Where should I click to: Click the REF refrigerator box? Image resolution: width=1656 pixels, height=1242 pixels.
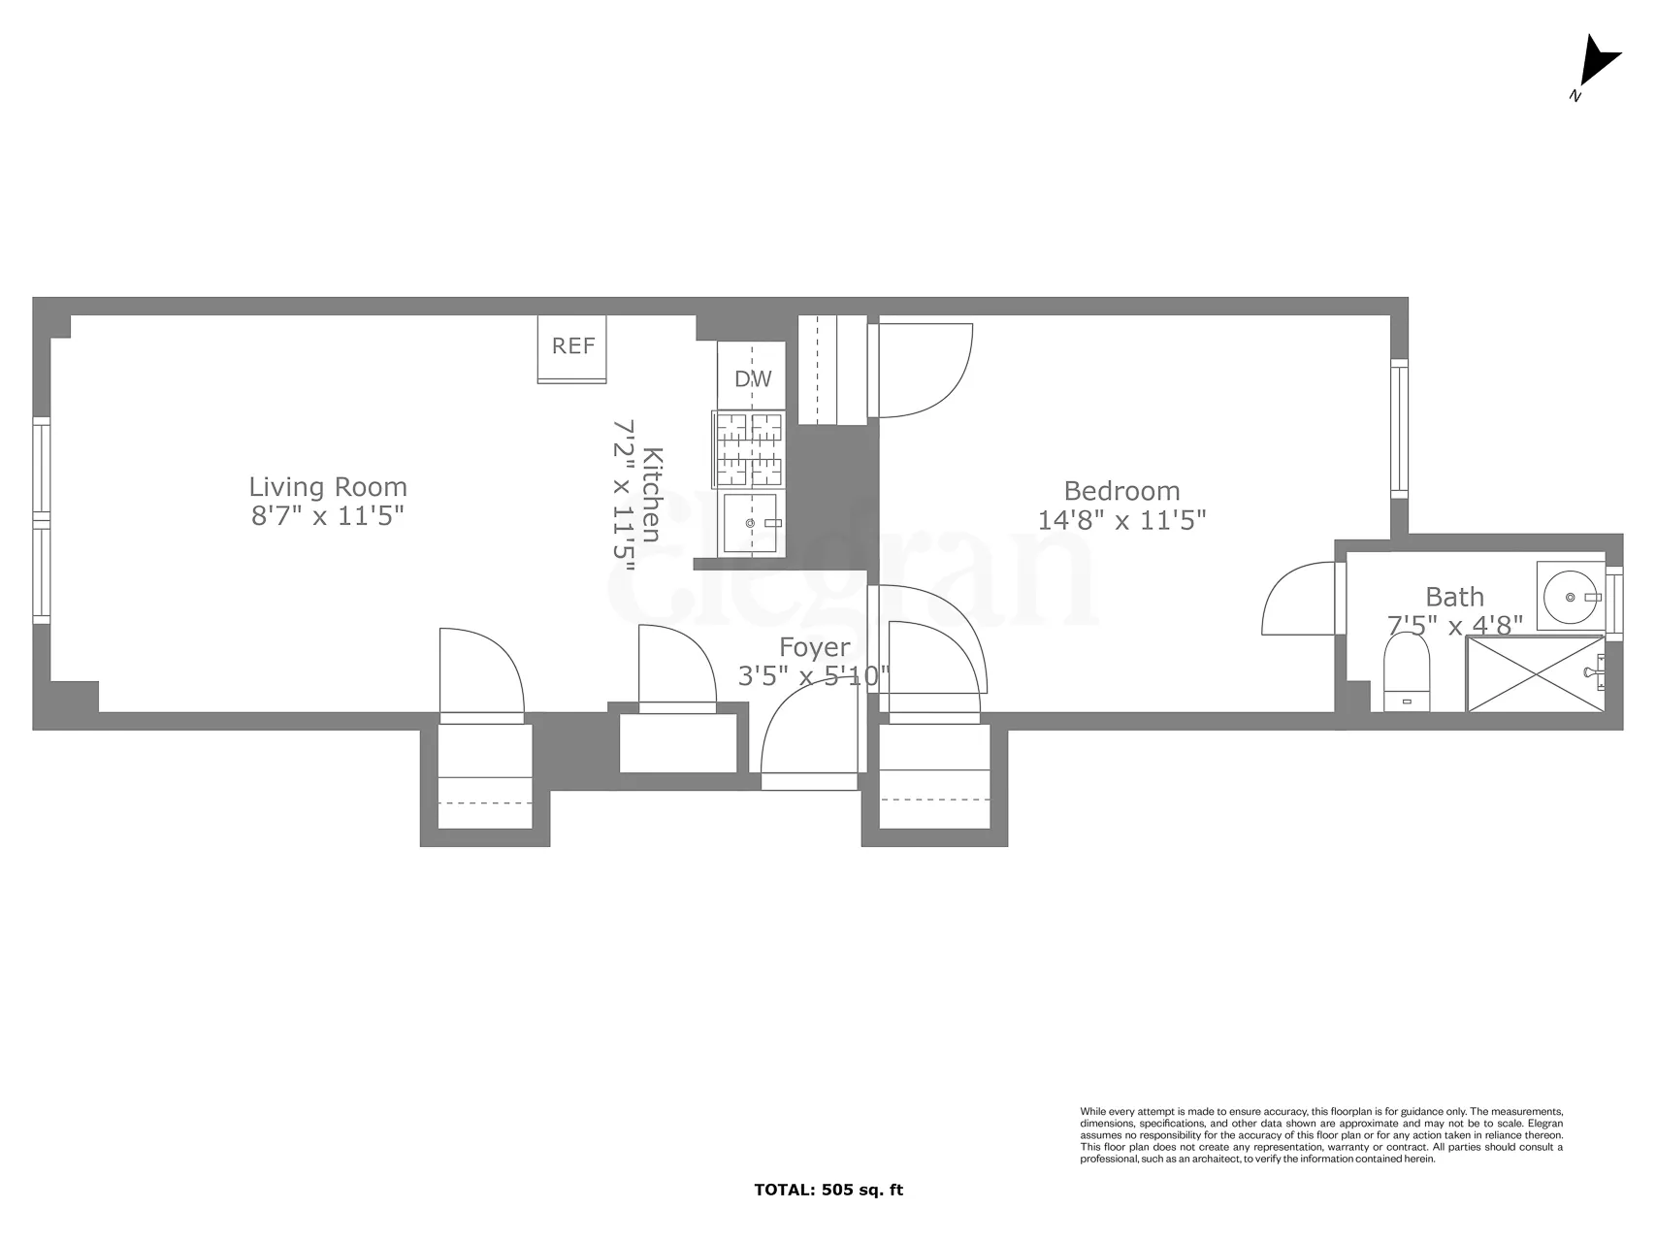click(x=572, y=347)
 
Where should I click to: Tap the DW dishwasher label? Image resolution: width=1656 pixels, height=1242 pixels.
click(x=753, y=378)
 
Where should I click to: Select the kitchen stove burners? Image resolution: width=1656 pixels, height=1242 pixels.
click(x=750, y=448)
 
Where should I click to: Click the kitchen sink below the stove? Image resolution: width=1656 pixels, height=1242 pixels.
click(x=751, y=523)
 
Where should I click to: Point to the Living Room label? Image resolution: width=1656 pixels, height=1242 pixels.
click(x=328, y=486)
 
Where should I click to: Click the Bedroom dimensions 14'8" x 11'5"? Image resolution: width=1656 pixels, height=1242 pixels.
click(x=1121, y=520)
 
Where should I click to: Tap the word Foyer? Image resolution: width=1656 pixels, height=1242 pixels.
click(x=815, y=646)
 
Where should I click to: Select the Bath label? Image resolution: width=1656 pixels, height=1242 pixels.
click(x=1454, y=597)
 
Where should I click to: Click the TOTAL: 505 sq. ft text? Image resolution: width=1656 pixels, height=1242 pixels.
click(x=828, y=1190)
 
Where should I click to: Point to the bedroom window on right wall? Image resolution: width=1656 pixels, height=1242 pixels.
click(x=1398, y=428)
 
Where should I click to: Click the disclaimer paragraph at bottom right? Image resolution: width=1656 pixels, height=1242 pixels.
click(x=1321, y=1134)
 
